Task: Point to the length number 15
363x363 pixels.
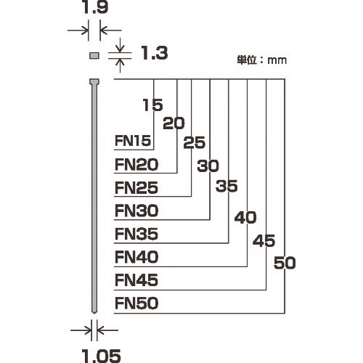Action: (152, 105)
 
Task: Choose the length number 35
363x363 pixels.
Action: (227, 186)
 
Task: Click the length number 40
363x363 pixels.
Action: (246, 217)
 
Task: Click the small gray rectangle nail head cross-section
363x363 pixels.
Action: (94, 55)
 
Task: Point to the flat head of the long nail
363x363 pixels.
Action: (94, 81)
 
